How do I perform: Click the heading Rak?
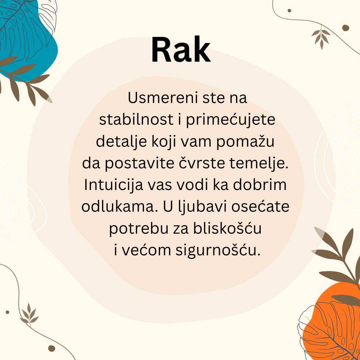[x=181, y=49]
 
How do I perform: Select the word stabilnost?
[x=136, y=119]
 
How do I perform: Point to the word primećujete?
[x=231, y=120]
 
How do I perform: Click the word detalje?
[x=121, y=142]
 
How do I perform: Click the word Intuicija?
[x=113, y=185]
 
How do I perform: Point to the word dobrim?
[x=260, y=185]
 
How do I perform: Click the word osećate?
[x=260, y=206]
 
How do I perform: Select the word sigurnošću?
[x=218, y=250]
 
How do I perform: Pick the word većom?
[x=146, y=250]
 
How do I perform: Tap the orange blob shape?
[x=333, y=321]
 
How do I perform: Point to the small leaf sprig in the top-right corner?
[x=321, y=37]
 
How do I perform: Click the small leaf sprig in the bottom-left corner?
[x=29, y=314]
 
